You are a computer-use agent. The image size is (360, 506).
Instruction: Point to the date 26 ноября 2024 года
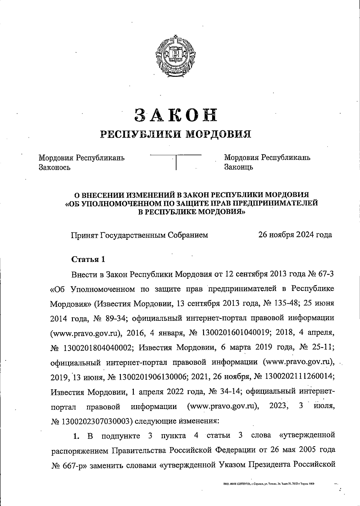click(x=295, y=235)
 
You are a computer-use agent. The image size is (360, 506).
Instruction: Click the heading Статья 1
click(x=88, y=259)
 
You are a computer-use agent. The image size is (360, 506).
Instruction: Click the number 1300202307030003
click(x=97, y=421)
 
